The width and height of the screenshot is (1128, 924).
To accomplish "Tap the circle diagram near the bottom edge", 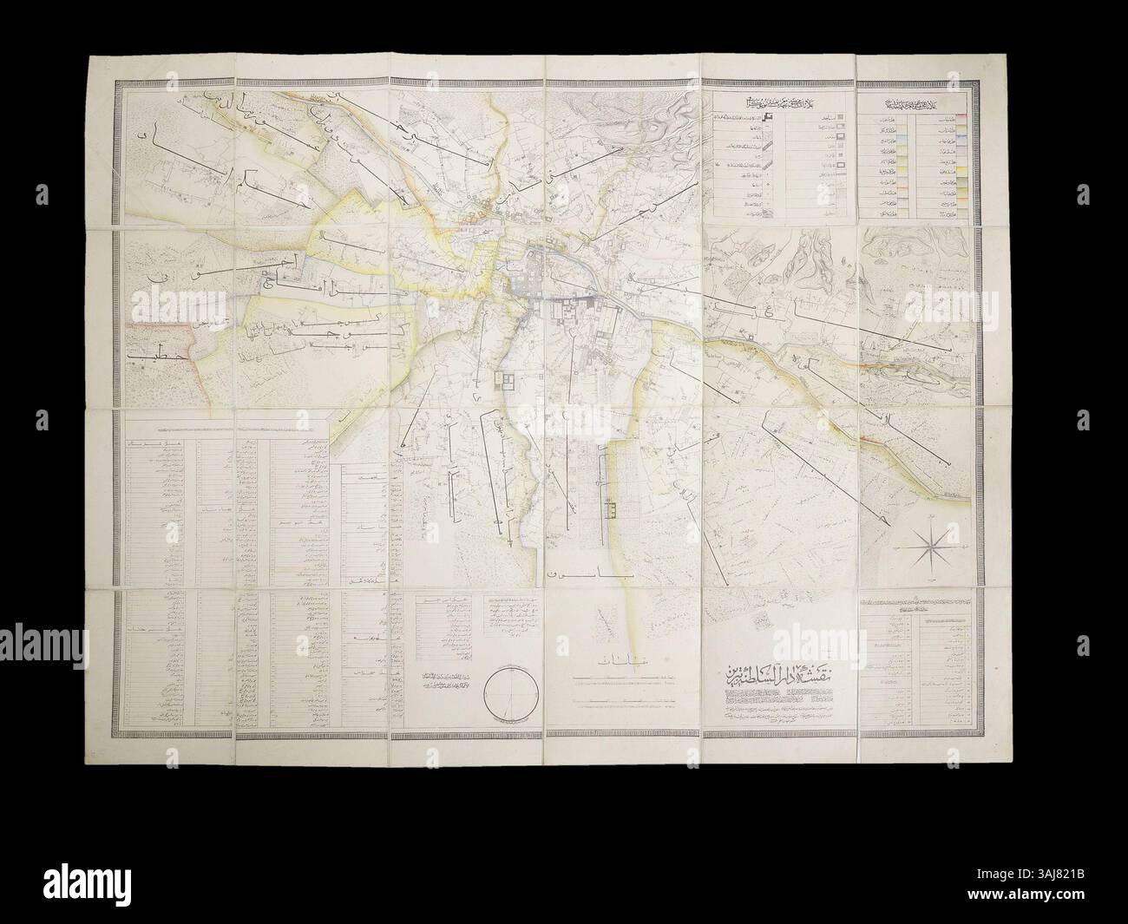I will (x=512, y=693).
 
